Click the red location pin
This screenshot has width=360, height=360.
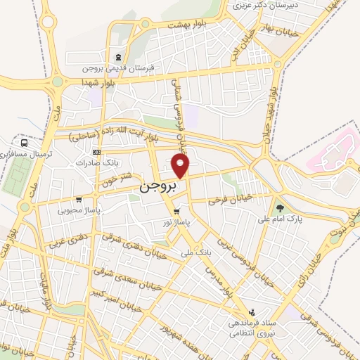[181, 165]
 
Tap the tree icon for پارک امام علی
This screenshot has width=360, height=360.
[280, 208]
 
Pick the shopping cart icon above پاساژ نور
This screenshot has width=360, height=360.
[176, 210]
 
